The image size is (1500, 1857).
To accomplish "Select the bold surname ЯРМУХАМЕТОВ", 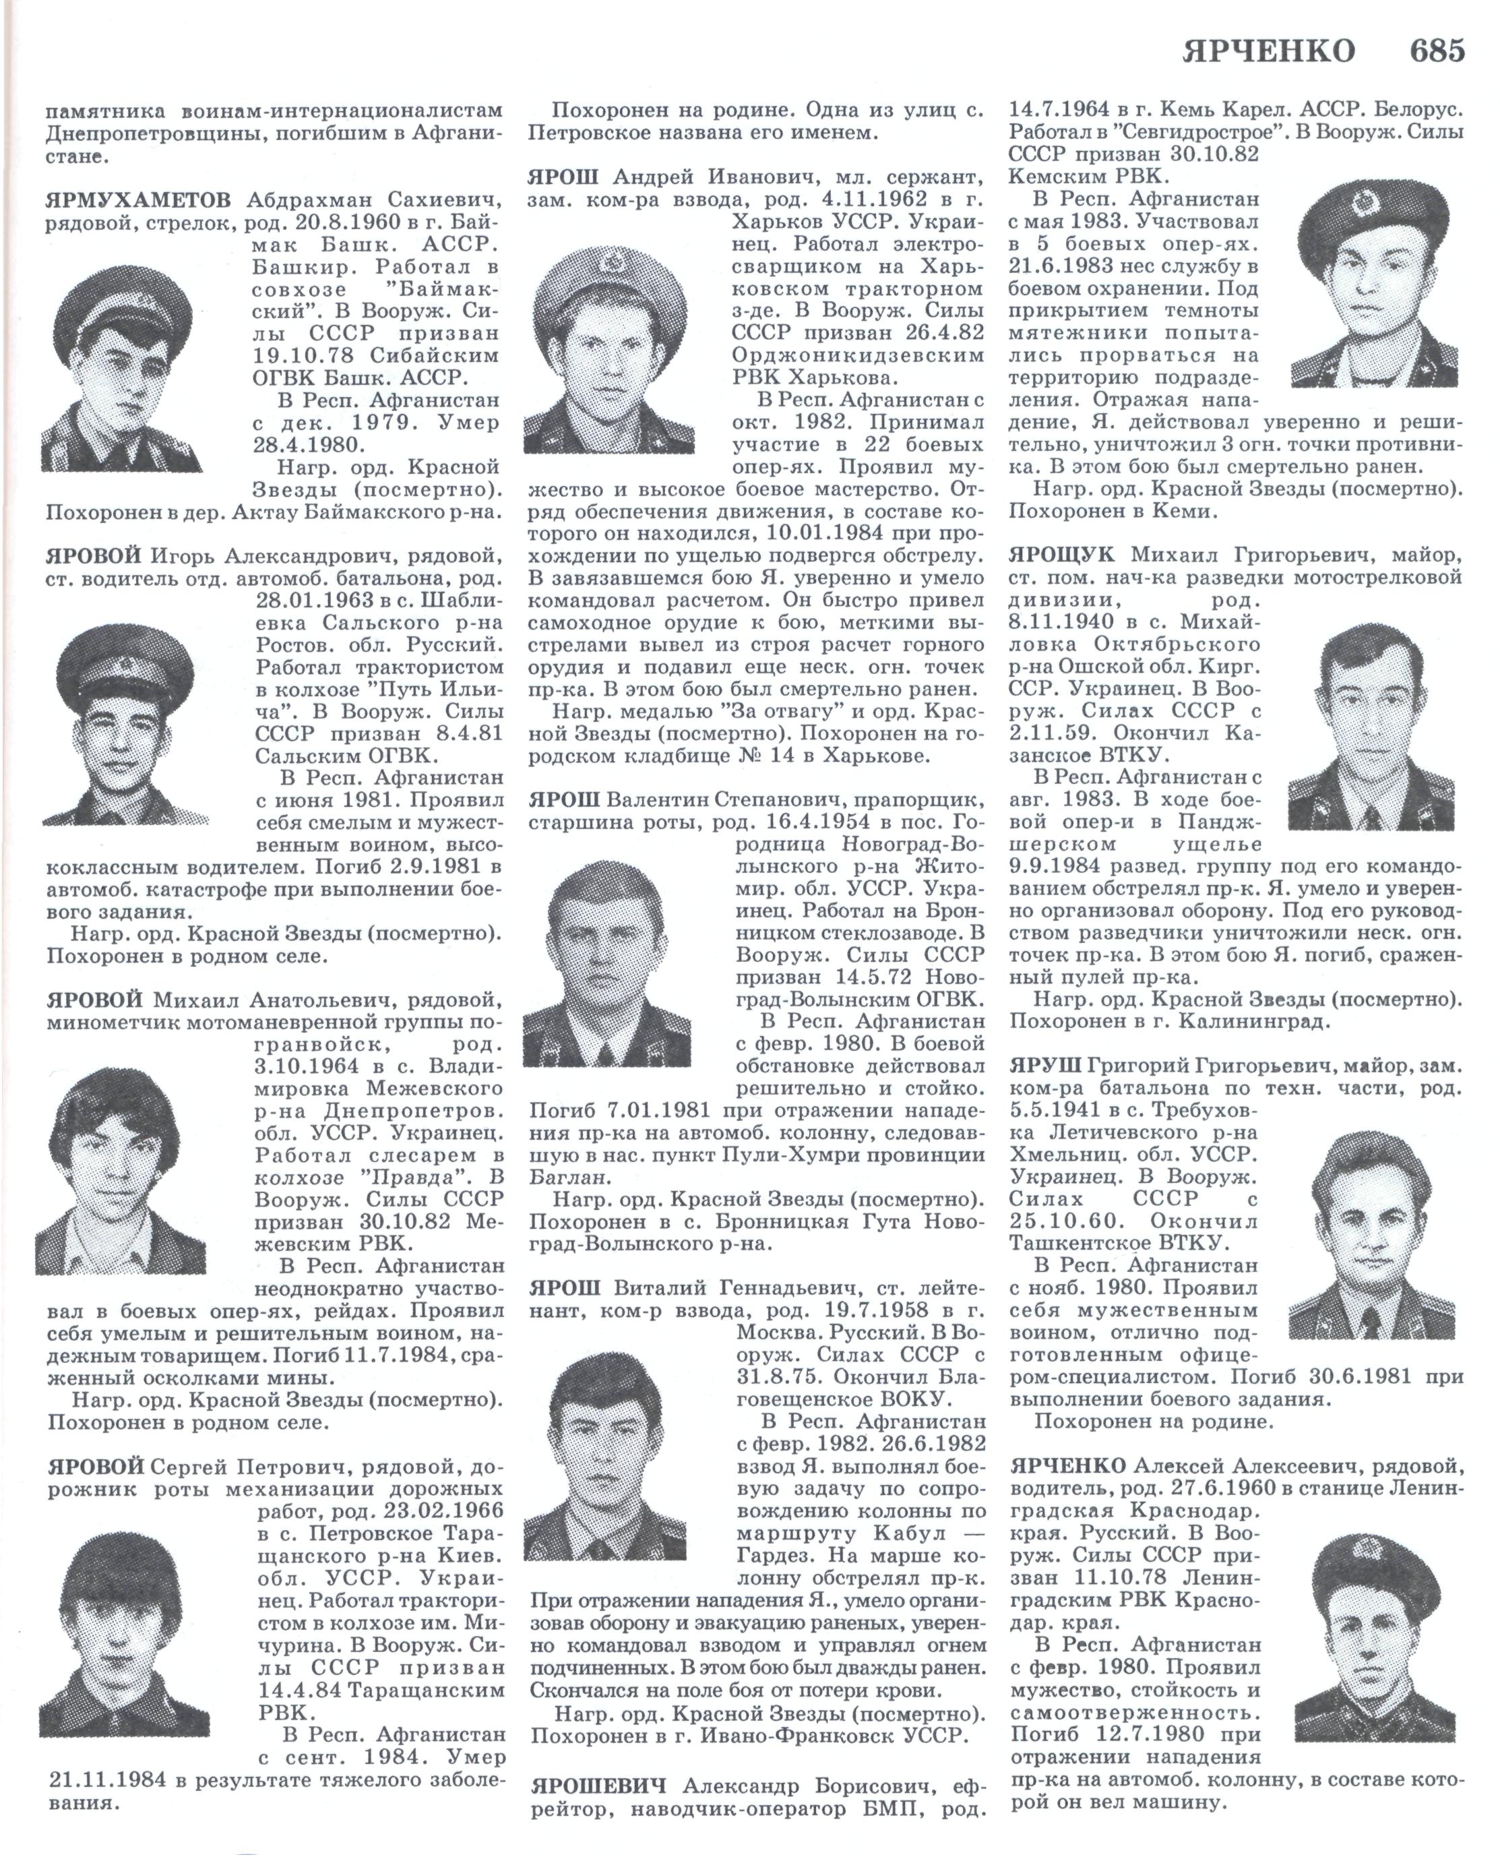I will click(x=138, y=200).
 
